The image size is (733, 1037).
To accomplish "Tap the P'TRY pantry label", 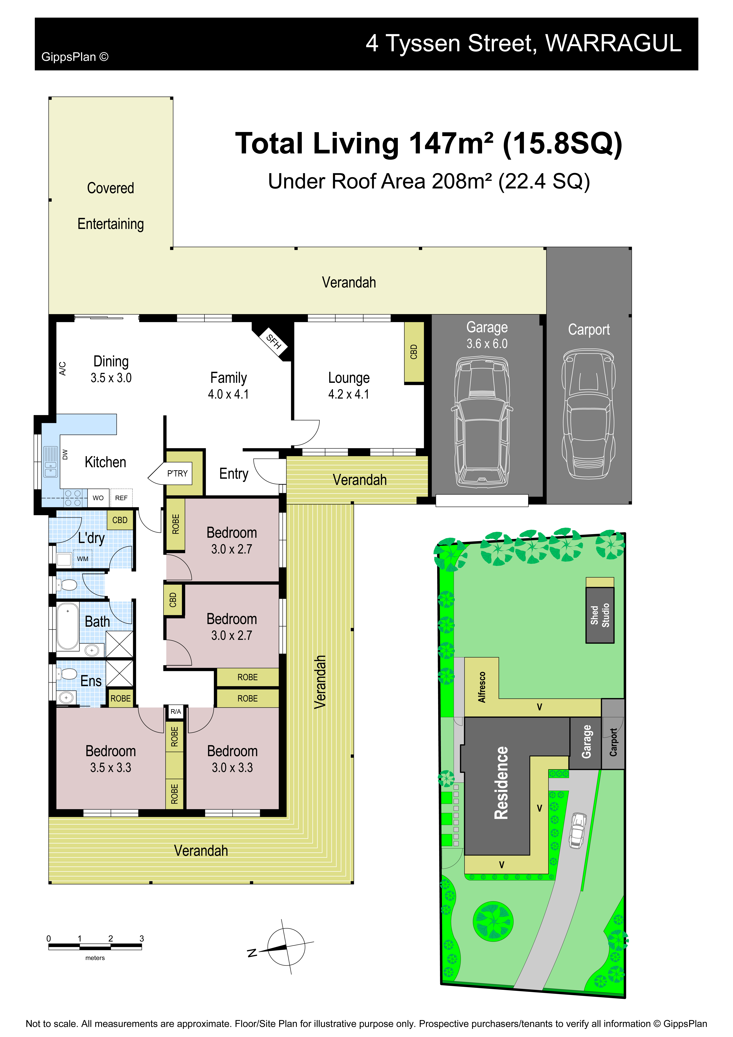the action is click(x=177, y=473).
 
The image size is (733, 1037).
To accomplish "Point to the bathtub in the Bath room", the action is click(x=68, y=626).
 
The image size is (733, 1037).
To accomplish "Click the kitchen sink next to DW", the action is click(x=51, y=462).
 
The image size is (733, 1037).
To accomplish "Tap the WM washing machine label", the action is click(x=83, y=559).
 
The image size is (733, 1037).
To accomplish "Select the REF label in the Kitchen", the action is click(x=121, y=498).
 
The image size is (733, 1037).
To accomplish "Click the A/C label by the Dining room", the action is click(x=63, y=368).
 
